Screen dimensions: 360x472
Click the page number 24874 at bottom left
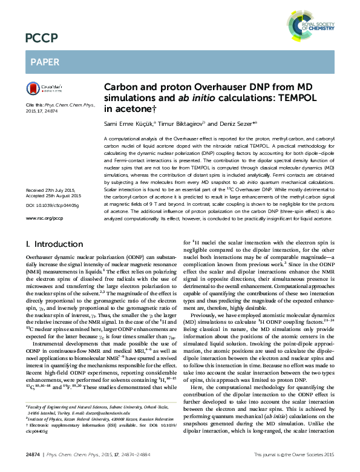coord(33,453)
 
